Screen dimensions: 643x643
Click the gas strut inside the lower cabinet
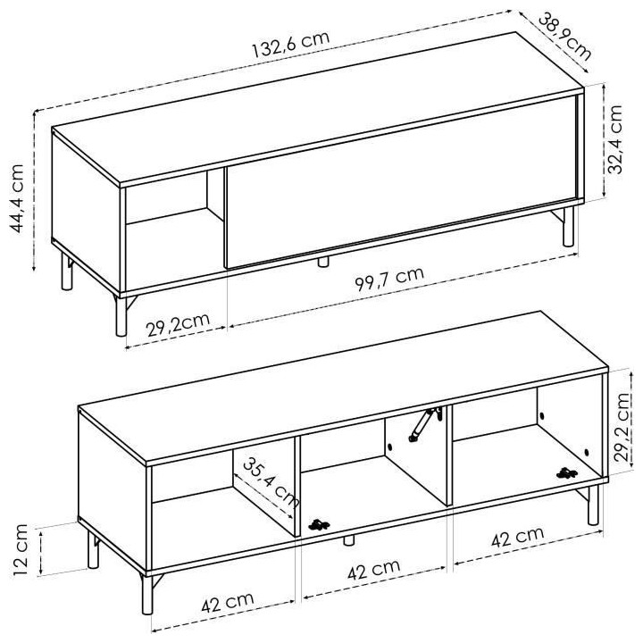click(425, 424)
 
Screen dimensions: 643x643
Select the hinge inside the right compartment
click(565, 472)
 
